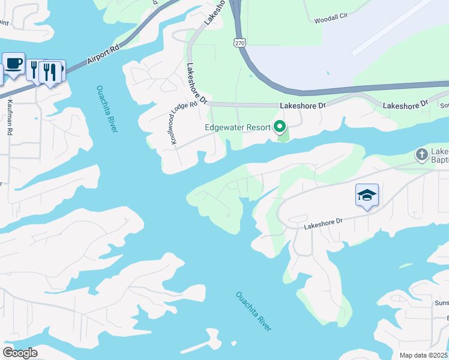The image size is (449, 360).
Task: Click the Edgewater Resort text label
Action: point(238,127)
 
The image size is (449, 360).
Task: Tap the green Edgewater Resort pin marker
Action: point(279,127)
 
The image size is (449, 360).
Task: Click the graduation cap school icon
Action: point(367,195)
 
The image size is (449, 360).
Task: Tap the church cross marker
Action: point(421,155)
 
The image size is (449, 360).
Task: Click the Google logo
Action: point(20,353)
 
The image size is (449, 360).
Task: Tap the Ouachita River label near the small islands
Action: point(253,311)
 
